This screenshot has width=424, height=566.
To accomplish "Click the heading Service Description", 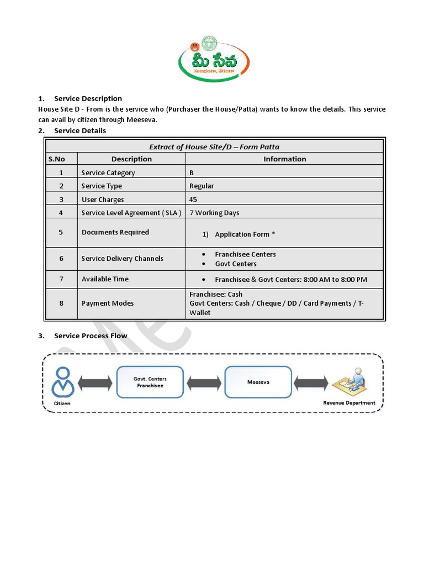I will [x=88, y=98].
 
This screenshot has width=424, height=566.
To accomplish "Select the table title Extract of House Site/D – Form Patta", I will [x=214, y=146].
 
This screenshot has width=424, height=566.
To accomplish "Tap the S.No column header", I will [x=57, y=159].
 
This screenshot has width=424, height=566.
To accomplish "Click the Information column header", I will [x=284, y=159].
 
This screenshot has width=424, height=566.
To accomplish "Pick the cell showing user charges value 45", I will [x=193, y=200].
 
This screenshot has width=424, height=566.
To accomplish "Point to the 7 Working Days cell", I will [x=214, y=213].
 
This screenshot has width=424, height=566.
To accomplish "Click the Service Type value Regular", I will [x=202, y=186].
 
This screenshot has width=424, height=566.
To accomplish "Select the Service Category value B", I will [x=192, y=173].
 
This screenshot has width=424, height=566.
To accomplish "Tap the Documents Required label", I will [x=115, y=232].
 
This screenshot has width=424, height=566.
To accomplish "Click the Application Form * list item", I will [x=245, y=234].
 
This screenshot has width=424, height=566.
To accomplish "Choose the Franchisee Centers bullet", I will [x=245, y=254].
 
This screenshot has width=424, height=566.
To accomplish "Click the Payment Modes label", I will [x=108, y=303].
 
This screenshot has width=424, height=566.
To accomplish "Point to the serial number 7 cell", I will [x=61, y=279].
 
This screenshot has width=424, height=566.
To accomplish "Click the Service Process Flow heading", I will [x=91, y=336].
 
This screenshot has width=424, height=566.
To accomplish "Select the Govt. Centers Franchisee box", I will [x=150, y=382].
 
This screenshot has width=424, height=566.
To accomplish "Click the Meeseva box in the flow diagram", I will [x=258, y=382].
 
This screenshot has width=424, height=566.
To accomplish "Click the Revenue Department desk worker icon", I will [x=349, y=382].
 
